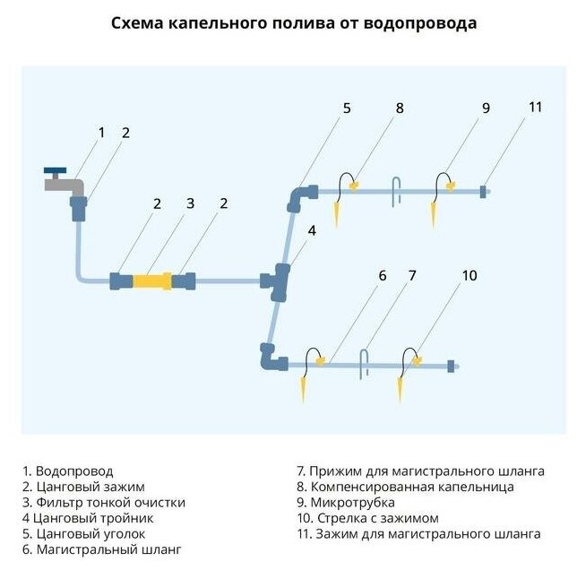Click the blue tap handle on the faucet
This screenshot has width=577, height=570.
pos(56,170)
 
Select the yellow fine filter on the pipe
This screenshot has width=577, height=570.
pos(152,281)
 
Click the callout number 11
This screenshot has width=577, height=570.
pos(535,108)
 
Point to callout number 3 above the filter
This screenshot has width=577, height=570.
pos(190,204)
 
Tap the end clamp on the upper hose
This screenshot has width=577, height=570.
pos(483,191)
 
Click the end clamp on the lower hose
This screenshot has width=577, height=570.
pos(451,365)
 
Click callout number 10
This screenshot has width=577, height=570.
pos(469,276)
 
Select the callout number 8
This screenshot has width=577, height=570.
pos(400,108)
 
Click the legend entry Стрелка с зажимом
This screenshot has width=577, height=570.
pos(373,519)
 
